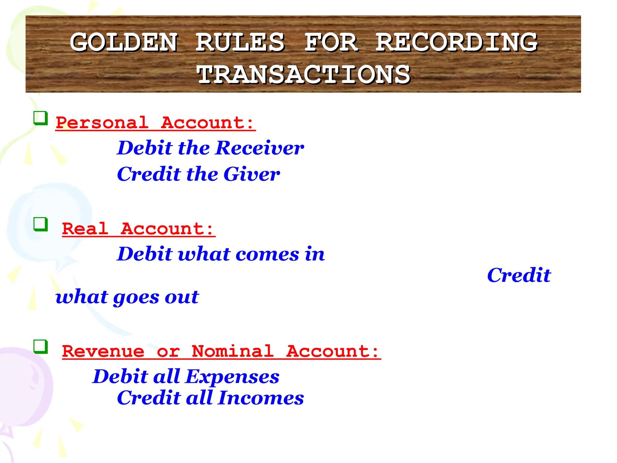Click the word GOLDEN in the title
[124, 42]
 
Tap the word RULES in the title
[240, 42]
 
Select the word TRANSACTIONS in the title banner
[303, 74]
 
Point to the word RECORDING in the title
[456, 42]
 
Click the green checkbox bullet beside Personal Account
[40, 118]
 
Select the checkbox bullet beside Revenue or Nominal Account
[40, 347]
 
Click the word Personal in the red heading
[102, 123]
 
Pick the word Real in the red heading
[85, 229]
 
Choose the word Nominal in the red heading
[233, 351]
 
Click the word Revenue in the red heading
[103, 351]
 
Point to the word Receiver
[260, 148]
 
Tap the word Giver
[252, 174]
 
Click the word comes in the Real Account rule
[267, 254]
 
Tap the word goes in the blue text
[136, 298]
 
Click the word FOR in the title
[331, 42]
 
